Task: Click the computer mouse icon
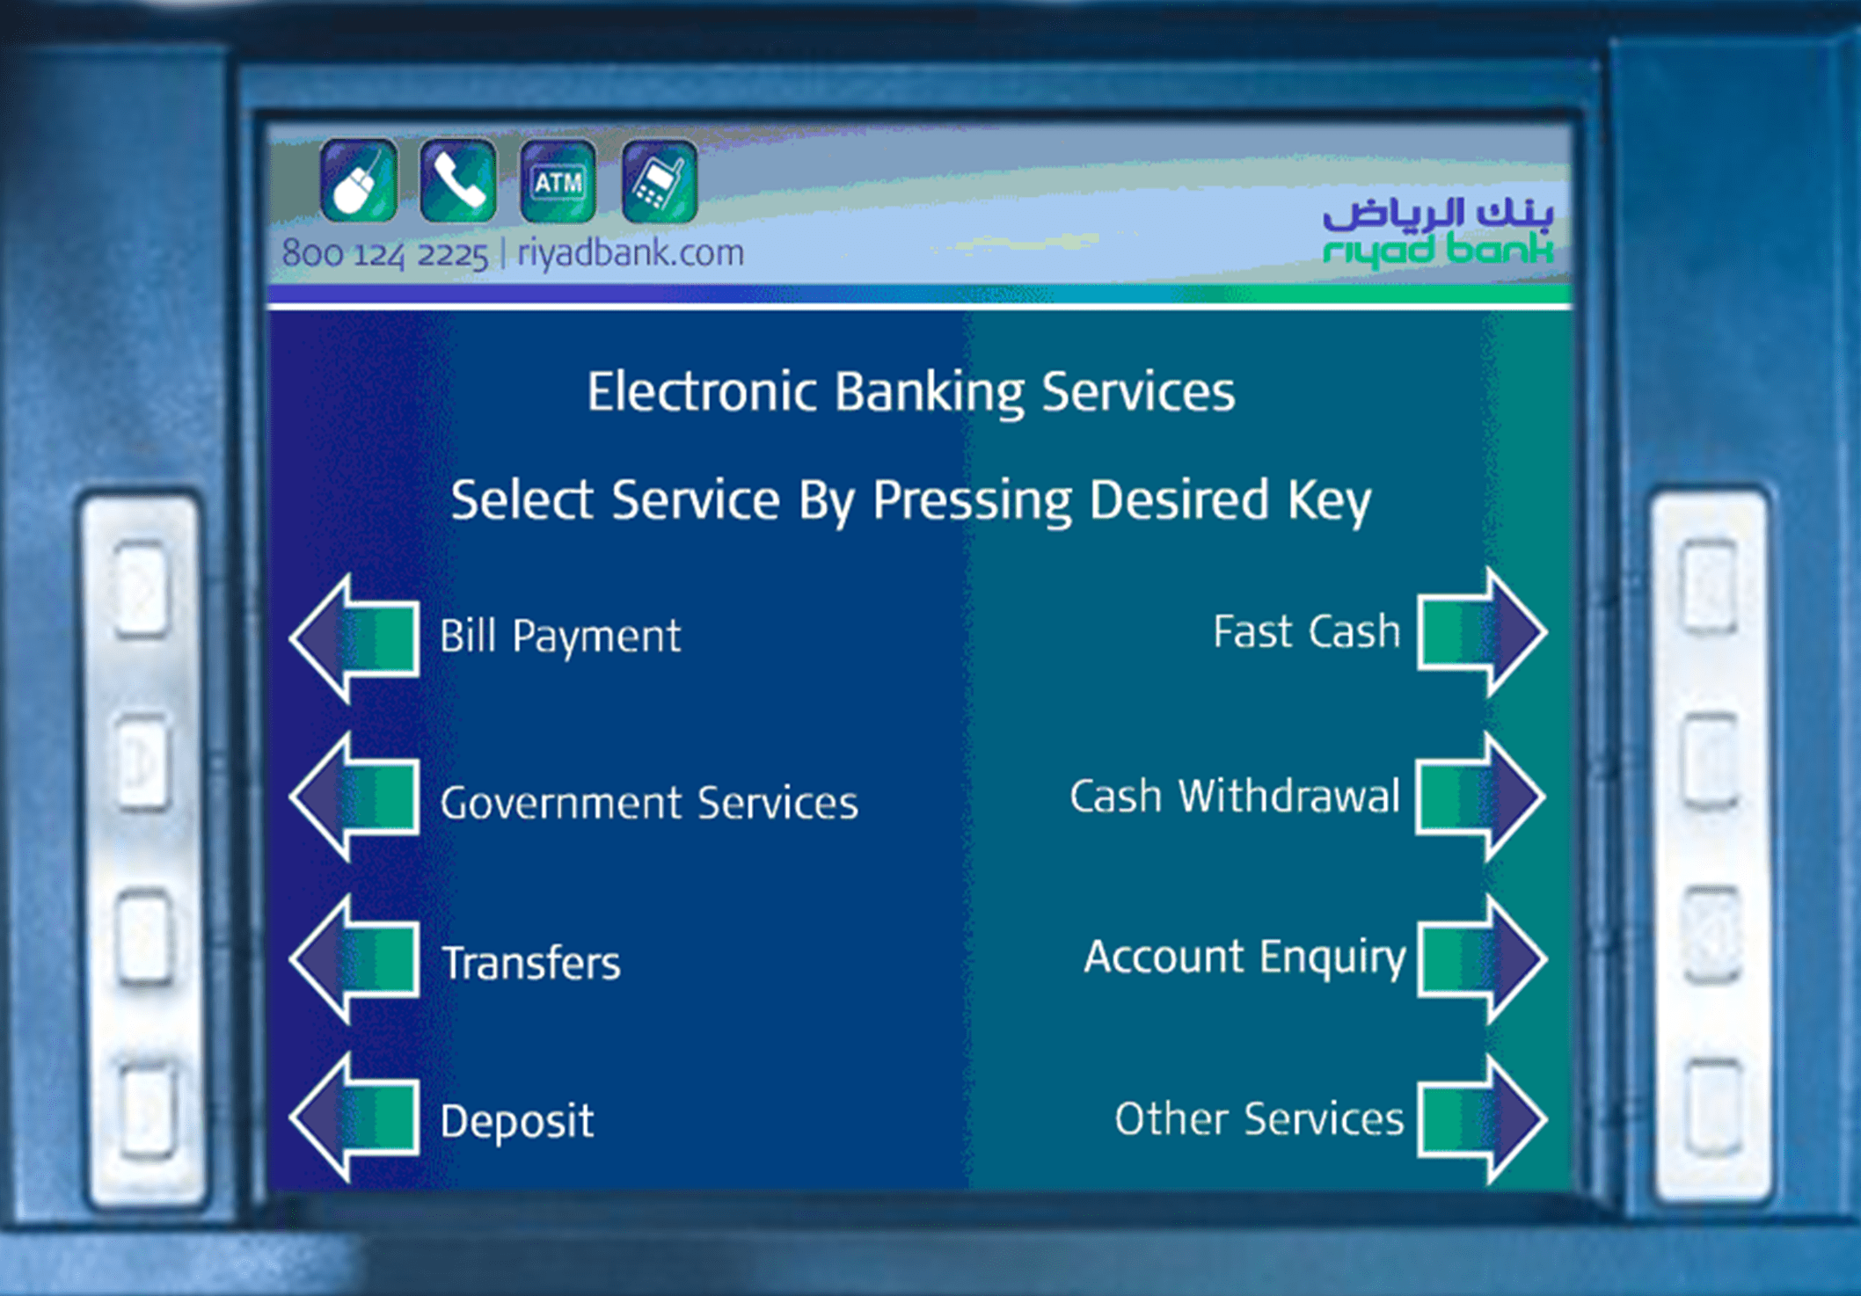359,181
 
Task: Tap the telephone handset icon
458,181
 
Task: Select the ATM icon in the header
558,181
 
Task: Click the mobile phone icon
660,181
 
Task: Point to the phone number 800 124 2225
384,254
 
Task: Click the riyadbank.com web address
631,253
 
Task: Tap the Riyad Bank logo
1439,231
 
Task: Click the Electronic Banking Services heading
911,392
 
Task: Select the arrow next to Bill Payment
355,638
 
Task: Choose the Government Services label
649,803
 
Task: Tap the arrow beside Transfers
355,959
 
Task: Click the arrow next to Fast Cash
1483,632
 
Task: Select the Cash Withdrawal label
1235,797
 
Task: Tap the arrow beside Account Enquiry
1483,959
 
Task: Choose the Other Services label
1259,1119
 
